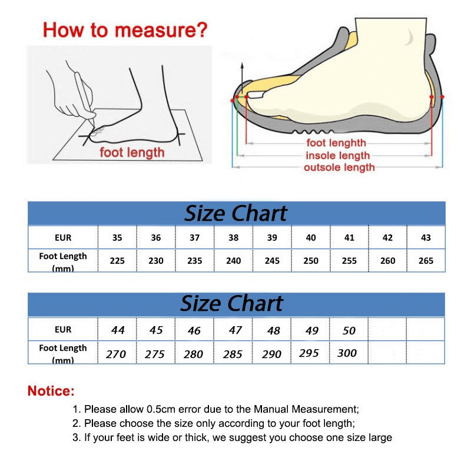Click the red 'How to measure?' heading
(x=125, y=29)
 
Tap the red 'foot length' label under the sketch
(x=132, y=153)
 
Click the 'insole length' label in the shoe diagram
(x=337, y=155)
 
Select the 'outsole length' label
(x=339, y=168)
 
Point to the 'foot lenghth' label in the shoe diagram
(x=336, y=143)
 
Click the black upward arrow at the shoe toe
(x=241, y=74)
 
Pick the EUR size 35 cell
(x=117, y=238)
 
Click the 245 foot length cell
(x=272, y=260)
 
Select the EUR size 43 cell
(x=426, y=238)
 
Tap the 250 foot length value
(x=311, y=260)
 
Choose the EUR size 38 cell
(x=233, y=238)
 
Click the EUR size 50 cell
(x=349, y=330)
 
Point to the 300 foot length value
(x=347, y=353)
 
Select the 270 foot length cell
(x=116, y=354)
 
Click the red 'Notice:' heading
(x=51, y=391)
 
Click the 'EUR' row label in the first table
(x=62, y=238)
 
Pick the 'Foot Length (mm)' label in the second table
(x=62, y=353)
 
